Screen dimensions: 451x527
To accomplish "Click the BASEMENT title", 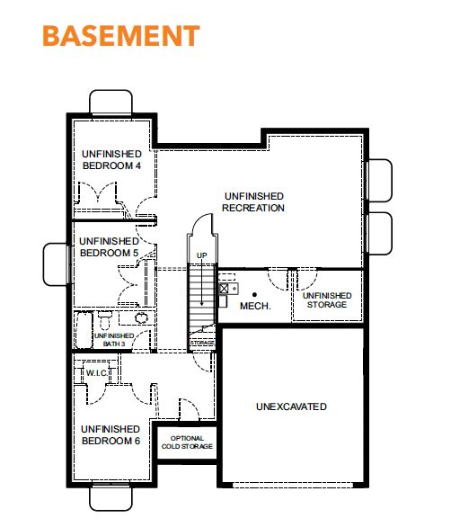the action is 121,36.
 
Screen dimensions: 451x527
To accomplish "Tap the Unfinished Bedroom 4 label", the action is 111,160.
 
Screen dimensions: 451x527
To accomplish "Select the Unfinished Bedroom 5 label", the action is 109,247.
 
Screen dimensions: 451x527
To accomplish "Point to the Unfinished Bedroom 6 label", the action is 111,435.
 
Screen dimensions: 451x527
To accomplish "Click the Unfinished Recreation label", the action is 253,202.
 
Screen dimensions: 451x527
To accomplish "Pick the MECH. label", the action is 255,306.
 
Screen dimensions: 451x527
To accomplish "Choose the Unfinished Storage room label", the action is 327,300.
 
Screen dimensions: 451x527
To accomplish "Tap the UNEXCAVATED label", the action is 291,406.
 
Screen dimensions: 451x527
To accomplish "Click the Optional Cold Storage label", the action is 187,442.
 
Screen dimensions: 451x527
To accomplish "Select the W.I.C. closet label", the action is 97,373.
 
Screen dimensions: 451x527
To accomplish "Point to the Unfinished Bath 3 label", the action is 114,340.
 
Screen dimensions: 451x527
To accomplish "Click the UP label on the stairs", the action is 201,255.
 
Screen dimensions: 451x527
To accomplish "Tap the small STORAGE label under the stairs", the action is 202,343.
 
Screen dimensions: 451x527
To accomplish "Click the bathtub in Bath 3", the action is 84,330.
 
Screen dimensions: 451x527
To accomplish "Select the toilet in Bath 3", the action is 105,320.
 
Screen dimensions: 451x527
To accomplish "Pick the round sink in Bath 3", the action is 141,317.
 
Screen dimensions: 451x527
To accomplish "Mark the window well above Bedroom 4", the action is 111,103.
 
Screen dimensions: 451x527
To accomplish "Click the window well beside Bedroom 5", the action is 56,264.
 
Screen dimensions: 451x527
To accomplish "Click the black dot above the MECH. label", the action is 254,295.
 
